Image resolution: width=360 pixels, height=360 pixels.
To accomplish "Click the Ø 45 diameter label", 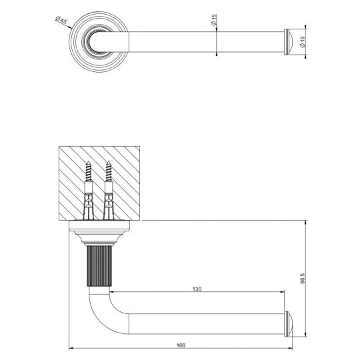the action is (61, 20).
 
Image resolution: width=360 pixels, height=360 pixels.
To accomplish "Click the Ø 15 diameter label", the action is (214, 20).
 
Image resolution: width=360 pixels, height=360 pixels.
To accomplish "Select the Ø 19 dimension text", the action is (303, 42).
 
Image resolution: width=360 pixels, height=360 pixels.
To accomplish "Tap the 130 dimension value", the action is (197, 289).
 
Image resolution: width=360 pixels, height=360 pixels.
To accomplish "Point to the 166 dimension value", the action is (181, 345).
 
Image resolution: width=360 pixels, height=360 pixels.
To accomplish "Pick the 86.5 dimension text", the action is (303, 278).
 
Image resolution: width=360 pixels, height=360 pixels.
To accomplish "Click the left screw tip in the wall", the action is (88, 162).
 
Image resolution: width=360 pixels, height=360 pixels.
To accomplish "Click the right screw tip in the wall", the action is (109, 162).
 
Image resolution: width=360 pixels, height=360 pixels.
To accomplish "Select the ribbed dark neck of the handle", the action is (99, 266).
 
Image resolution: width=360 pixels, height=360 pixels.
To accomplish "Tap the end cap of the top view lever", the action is (288, 42).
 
